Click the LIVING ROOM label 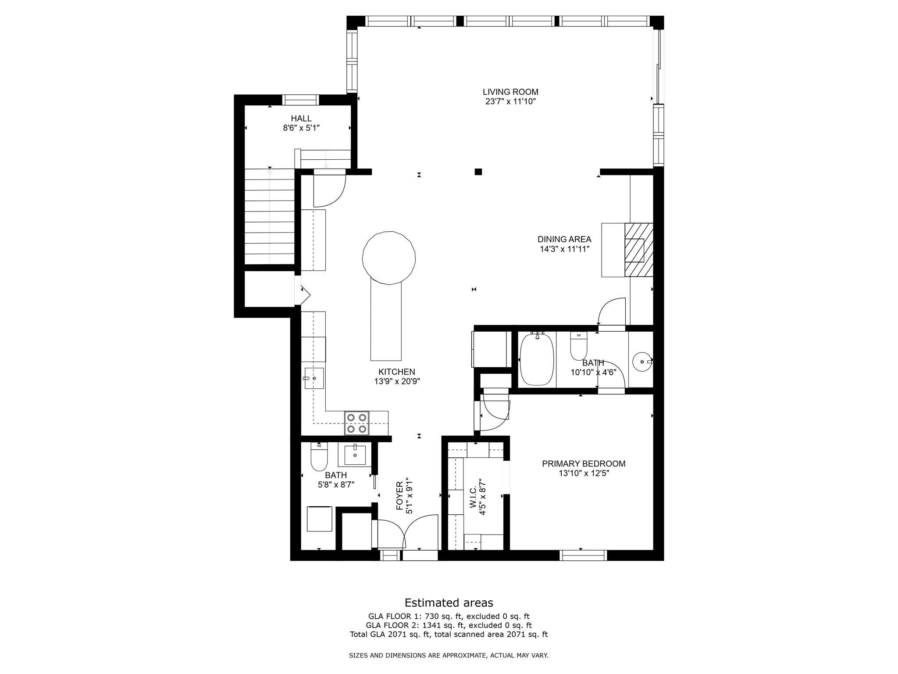pos(510,92)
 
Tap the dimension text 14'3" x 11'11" pos(564,249)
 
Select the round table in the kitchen pos(389,258)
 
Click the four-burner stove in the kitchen pos(356,423)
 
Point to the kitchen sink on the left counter pos(314,378)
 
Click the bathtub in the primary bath pos(537,359)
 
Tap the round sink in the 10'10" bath pos(642,362)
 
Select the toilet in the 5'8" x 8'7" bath pos(319,457)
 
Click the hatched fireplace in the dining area pos(639,250)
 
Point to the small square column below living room pos(478,172)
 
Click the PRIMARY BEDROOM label pos(584,464)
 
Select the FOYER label pos(399,496)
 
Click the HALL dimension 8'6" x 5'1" pos(301,128)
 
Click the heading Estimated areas pos(449,602)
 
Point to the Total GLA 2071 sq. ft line pos(449,634)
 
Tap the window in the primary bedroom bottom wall pos(583,556)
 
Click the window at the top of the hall pos(300,100)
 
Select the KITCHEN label pos(397,372)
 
